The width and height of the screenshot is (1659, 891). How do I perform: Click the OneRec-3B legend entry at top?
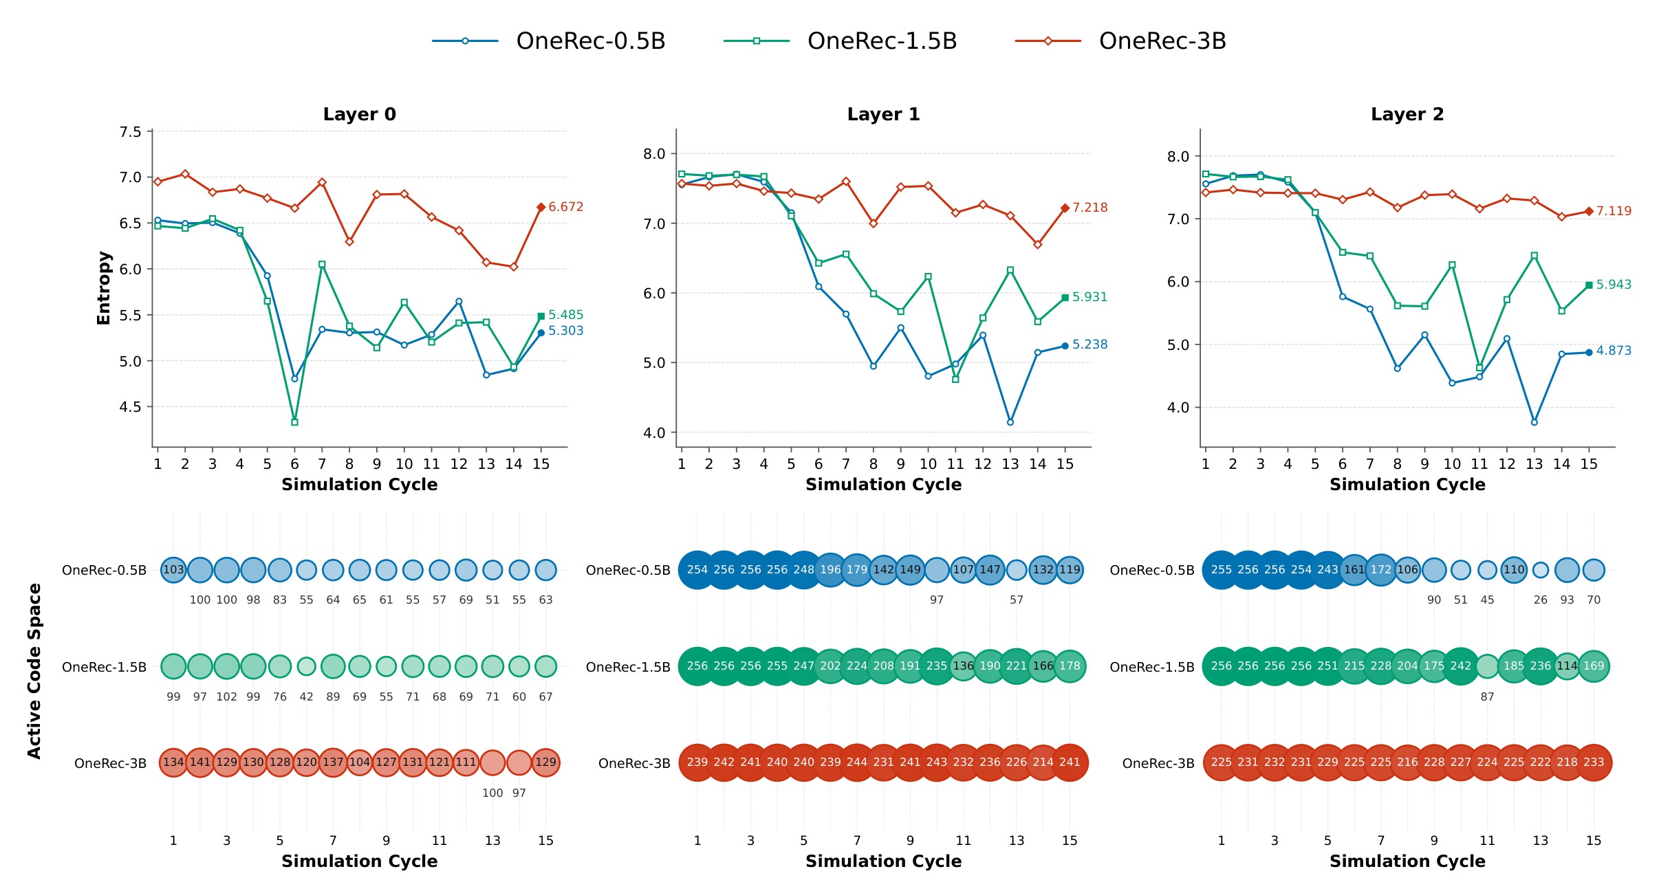1120,41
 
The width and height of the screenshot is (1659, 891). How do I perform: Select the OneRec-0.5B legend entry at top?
549,41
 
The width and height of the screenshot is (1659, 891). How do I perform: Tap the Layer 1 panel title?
883,114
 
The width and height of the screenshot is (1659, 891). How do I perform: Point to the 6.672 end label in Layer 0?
565,207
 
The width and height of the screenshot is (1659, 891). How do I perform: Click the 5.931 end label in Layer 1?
1089,297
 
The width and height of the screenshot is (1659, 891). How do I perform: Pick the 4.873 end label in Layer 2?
1614,351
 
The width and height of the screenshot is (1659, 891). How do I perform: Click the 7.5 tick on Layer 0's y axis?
130,131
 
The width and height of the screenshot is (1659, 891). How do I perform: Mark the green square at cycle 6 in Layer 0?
294,422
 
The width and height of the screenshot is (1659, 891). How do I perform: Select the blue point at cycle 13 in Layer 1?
1010,422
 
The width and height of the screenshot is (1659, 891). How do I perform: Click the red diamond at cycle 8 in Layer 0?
349,241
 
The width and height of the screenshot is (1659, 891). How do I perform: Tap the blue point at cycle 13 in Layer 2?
1534,422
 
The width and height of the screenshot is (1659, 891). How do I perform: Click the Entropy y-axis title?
103,288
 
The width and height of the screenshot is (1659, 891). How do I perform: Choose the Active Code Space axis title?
34,671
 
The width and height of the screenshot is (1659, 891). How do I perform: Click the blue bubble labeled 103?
173,570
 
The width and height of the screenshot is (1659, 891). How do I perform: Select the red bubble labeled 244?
857,762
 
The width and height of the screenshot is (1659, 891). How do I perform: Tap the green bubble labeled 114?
1567,666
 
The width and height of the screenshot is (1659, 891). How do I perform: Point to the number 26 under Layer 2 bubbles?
1541,600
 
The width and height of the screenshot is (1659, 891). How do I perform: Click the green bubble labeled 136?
963,666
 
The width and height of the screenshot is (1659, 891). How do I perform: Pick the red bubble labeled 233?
1594,762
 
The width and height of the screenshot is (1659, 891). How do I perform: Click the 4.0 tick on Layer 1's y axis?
654,433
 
